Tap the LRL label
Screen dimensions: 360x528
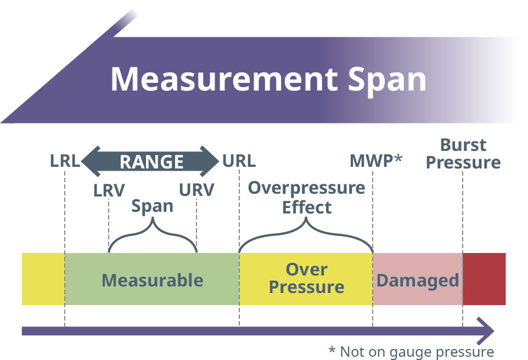point(65,161)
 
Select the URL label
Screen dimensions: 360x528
point(239,161)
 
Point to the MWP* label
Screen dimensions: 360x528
point(376,161)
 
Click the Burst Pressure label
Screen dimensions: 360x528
point(463,154)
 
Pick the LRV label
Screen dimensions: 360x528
point(109,190)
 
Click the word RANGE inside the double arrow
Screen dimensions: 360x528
point(151,162)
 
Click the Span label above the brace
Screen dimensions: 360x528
point(152,206)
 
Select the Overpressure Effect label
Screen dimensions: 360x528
point(306,198)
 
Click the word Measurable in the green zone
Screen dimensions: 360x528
point(152,280)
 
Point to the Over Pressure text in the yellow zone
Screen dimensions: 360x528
point(306,278)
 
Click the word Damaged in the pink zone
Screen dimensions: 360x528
point(417,280)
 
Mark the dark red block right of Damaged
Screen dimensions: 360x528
point(484,279)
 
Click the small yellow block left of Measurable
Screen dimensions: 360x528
point(43,279)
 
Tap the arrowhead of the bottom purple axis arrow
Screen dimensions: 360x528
point(485,331)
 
